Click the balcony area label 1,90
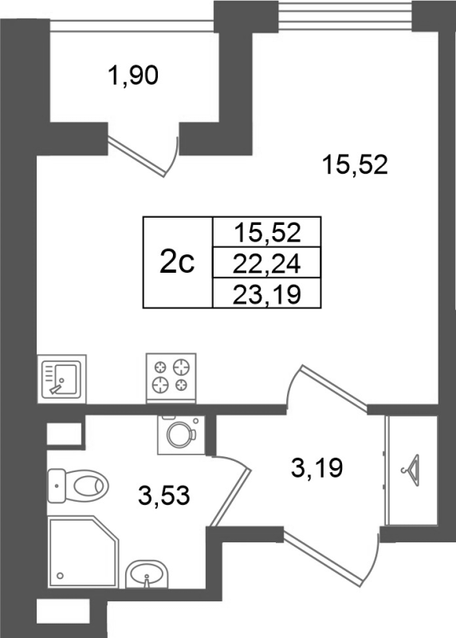click(x=133, y=76)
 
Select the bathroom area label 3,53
click(x=164, y=495)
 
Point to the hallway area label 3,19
click(x=317, y=468)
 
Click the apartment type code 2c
click(x=177, y=262)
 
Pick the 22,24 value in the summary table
click(x=267, y=264)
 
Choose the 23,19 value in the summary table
click(x=267, y=294)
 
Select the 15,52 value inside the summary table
click(x=267, y=233)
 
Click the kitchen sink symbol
click(x=62, y=378)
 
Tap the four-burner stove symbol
click(x=171, y=378)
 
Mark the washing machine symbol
click(x=182, y=435)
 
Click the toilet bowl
click(x=78, y=486)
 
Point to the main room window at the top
click(x=345, y=16)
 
